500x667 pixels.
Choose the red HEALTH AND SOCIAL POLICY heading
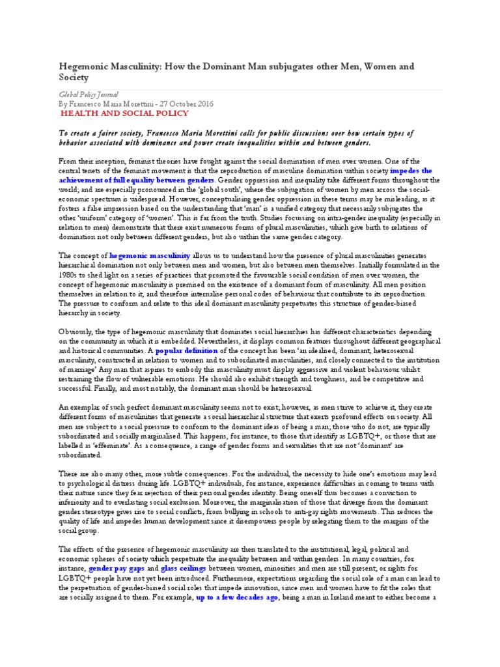point(125,113)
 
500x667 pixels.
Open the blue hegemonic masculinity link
point(150,257)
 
